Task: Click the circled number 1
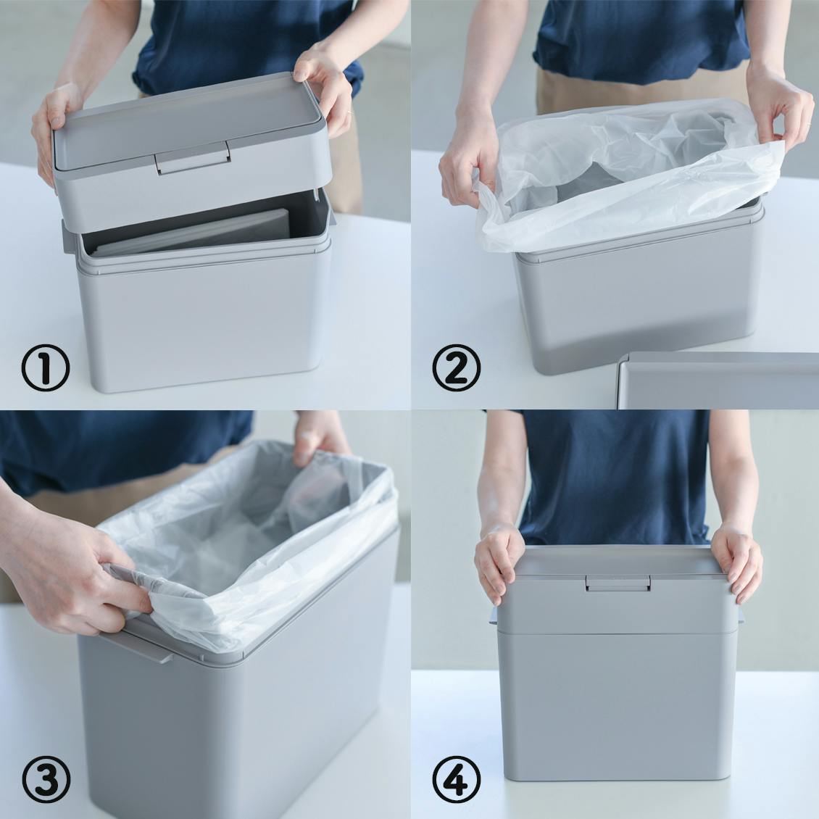(46, 367)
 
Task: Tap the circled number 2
(456, 367)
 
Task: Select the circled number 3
(46, 779)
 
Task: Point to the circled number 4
(456, 779)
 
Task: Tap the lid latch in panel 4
(618, 583)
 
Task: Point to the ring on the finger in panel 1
(348, 112)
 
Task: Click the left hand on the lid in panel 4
(498, 562)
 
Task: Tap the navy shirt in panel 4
(616, 475)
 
